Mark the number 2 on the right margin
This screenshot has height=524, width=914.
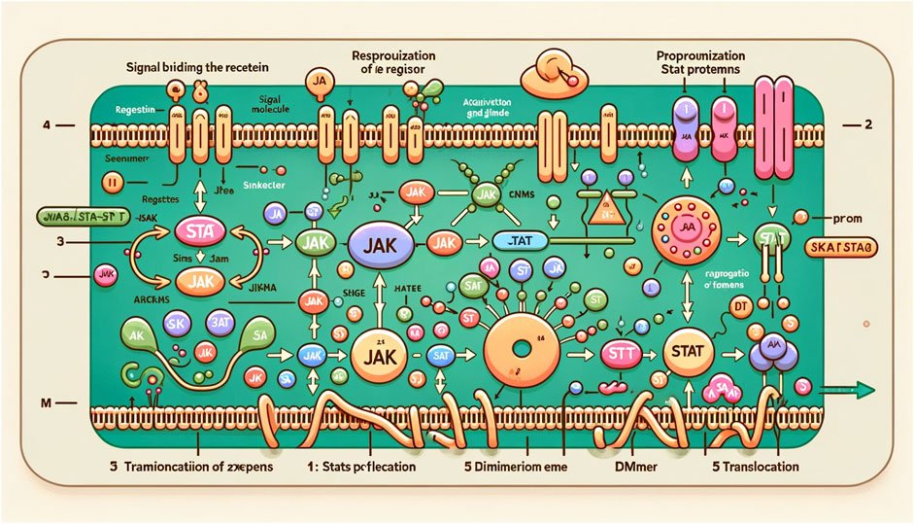(867, 126)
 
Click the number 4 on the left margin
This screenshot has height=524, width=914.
(45, 126)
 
